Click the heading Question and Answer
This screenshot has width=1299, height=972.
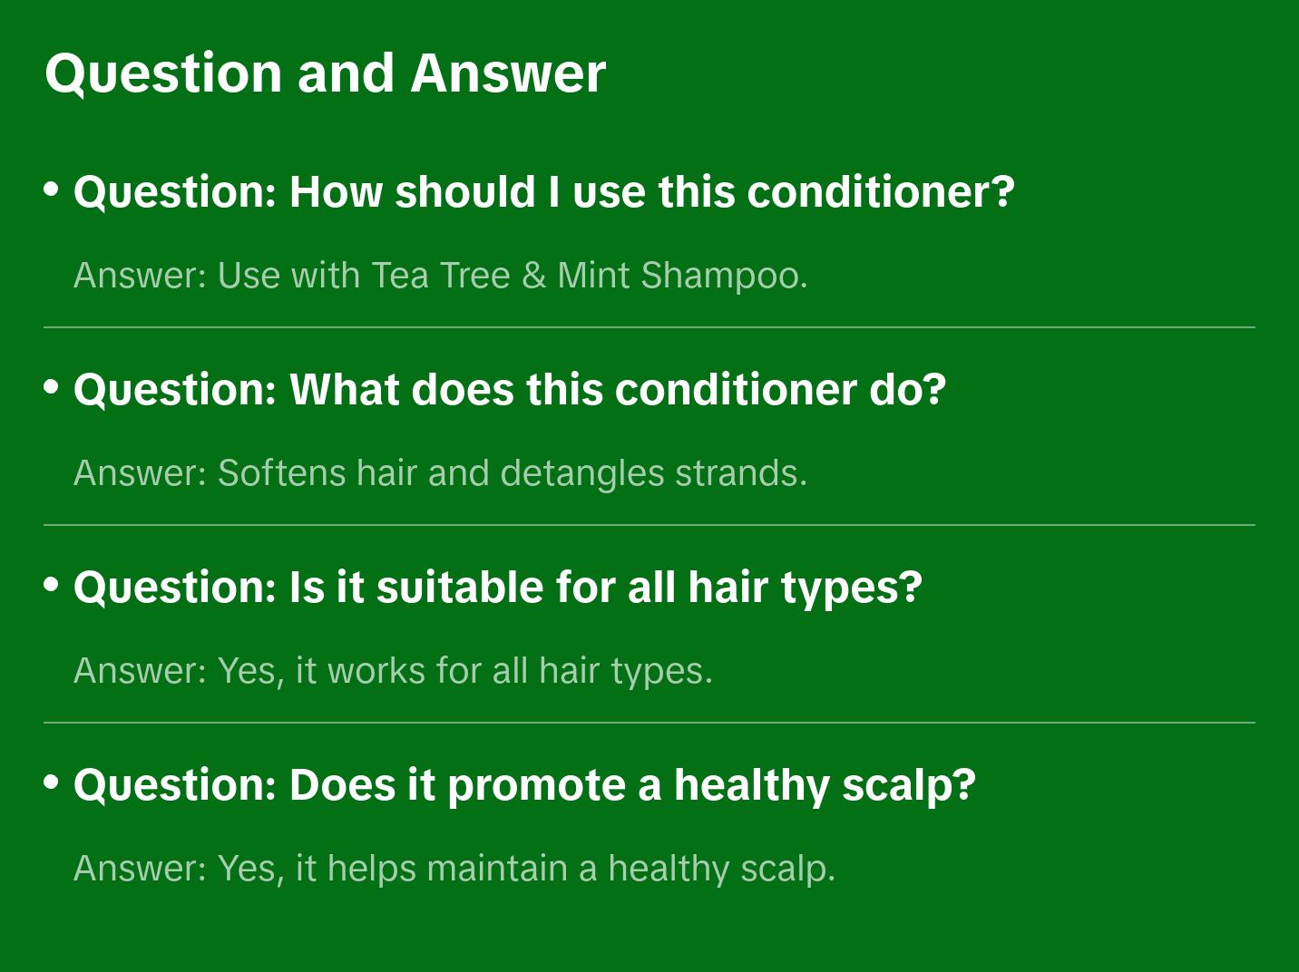coord(325,73)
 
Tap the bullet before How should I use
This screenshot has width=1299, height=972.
coord(52,190)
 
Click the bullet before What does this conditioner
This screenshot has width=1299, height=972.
coord(52,387)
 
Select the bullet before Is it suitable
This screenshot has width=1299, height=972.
coord(52,585)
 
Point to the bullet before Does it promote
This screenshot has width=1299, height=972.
coord(52,782)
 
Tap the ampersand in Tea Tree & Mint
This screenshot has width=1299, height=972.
coord(533,276)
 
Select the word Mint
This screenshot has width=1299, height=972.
coord(593,276)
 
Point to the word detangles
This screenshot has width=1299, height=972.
coord(582,473)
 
